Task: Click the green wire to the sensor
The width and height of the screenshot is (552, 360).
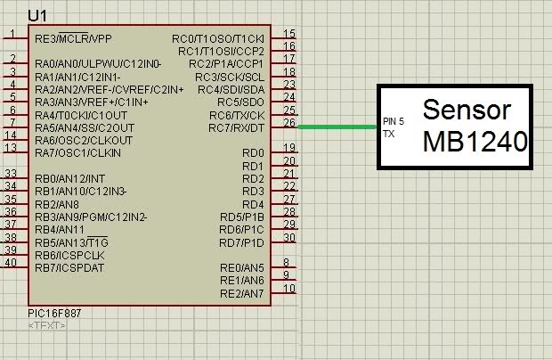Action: click(x=337, y=127)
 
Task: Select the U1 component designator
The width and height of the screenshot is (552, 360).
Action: click(x=37, y=16)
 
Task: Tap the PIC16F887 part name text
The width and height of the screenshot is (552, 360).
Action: click(x=54, y=313)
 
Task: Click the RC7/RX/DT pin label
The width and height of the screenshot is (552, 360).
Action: click(x=236, y=127)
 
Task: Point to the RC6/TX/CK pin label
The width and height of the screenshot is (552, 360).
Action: click(x=237, y=115)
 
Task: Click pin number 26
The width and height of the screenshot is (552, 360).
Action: click(x=289, y=122)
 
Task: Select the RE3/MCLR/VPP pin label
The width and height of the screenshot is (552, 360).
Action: click(x=73, y=38)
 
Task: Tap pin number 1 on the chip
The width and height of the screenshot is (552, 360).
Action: click(x=12, y=34)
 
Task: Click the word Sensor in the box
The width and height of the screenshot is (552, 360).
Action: click(x=467, y=110)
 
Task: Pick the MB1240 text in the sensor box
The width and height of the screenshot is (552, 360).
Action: click(x=475, y=142)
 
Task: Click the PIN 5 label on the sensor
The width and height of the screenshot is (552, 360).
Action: click(x=394, y=121)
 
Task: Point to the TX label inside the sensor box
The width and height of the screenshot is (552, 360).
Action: click(x=389, y=134)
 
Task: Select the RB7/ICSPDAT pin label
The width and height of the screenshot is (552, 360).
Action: click(x=69, y=267)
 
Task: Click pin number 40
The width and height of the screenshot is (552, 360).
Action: click(x=11, y=263)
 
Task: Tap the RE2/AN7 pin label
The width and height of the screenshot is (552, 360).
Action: click(x=242, y=293)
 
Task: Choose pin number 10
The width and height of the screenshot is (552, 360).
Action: click(x=289, y=289)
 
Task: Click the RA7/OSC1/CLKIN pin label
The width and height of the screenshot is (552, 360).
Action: click(x=77, y=153)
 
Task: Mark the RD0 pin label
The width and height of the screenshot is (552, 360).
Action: click(x=253, y=153)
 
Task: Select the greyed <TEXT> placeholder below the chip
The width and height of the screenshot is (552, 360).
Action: click(x=46, y=325)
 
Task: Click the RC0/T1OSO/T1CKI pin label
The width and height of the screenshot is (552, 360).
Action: click(x=218, y=38)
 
